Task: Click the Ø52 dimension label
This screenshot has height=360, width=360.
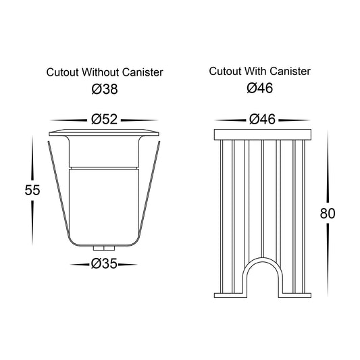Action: [x=105, y=120]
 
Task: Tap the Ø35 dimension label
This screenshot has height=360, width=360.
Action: [x=104, y=263]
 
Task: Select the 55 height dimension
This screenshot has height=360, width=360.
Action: [x=32, y=190]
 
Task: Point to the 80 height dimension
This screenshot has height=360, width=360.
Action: [x=328, y=213]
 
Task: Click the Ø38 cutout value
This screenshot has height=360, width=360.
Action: [x=105, y=89]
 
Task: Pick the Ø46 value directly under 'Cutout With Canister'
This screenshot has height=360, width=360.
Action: [x=260, y=88]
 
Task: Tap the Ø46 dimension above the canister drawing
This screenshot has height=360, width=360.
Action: [x=262, y=120]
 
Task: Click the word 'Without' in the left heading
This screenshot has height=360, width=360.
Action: [x=101, y=72]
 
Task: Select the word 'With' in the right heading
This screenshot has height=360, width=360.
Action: [x=255, y=71]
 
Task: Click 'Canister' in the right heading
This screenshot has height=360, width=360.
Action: [x=290, y=71]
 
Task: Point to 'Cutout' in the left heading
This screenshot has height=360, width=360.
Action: [x=63, y=72]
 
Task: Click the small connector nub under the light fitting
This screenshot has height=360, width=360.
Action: [x=104, y=248]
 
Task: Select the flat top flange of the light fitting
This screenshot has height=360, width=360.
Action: [x=104, y=132]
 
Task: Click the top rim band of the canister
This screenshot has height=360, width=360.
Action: [x=263, y=134]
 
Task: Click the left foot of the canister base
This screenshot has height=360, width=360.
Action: [x=230, y=295]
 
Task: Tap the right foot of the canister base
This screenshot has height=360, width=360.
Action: [x=294, y=295]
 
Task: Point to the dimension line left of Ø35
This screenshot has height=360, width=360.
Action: [x=80, y=265]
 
